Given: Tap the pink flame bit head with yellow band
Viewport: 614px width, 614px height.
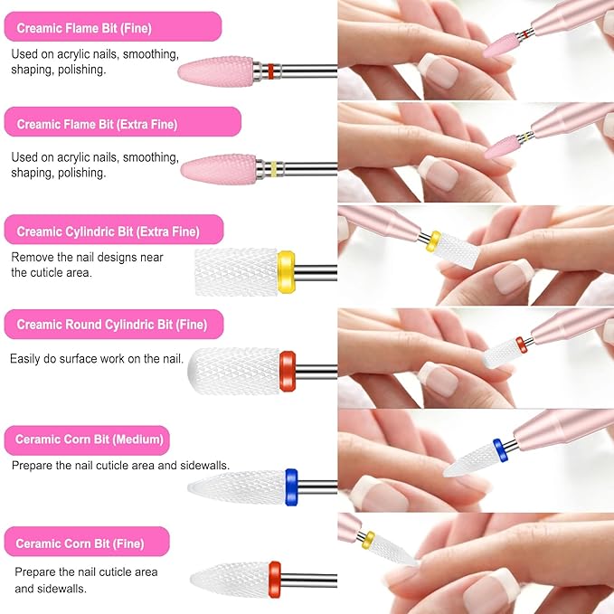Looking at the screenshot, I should (218, 167).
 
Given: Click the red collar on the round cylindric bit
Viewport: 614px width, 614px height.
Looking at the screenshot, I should (287, 371).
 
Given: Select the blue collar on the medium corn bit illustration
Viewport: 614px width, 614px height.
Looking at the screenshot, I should (291, 486).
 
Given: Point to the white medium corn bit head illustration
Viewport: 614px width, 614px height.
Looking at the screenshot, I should (237, 487).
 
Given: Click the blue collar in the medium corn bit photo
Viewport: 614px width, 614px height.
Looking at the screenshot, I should (498, 449).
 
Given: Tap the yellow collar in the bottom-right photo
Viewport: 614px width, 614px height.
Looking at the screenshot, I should (367, 540).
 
